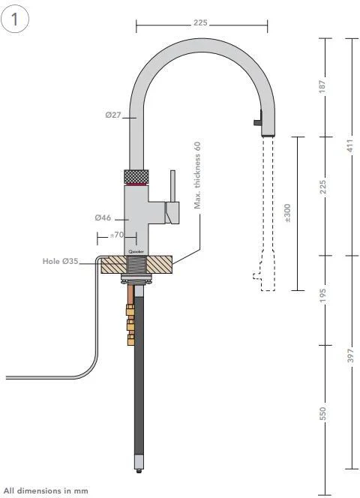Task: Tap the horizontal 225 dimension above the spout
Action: point(200,23)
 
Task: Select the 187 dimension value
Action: point(323,87)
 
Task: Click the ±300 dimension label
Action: point(288,213)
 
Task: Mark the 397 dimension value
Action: point(349,356)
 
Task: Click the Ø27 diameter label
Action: point(114,116)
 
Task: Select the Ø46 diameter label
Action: point(103,217)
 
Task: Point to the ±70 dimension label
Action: point(116,235)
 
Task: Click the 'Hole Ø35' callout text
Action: point(61,262)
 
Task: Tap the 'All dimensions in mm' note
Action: point(46,490)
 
